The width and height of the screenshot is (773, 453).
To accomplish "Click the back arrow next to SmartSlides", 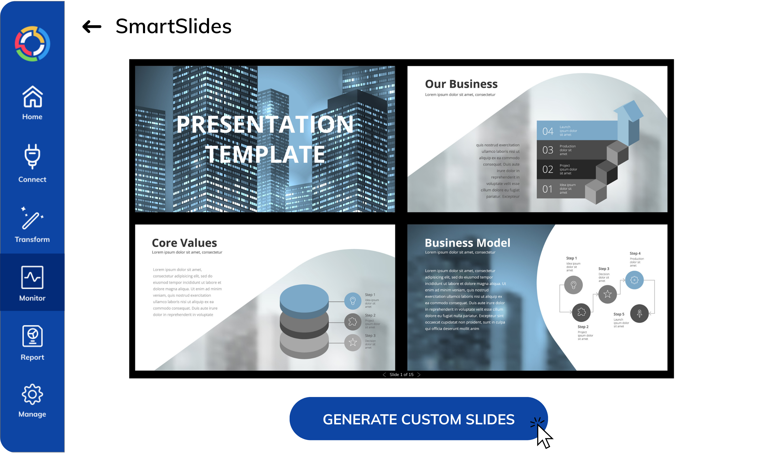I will [92, 27].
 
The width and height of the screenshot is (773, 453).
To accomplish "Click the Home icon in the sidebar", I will [32, 97].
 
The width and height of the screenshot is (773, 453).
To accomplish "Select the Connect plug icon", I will [32, 156].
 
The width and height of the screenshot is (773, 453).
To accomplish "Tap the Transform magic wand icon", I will [32, 218].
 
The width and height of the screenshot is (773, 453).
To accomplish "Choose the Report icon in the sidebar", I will [32, 336].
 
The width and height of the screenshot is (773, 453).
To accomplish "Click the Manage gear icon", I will [32, 394].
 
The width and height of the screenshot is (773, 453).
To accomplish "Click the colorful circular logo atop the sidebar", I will [32, 44].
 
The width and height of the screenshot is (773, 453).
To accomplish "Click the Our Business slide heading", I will [461, 84].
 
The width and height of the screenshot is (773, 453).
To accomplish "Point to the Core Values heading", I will [184, 243].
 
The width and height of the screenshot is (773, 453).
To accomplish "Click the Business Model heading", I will [467, 243].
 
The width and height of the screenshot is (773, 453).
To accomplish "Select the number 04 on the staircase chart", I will [548, 131].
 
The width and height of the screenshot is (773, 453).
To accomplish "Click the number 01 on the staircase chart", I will [548, 189].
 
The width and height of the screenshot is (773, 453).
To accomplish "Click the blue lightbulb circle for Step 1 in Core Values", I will [353, 301].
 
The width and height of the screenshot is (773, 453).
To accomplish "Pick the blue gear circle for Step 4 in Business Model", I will [634, 280].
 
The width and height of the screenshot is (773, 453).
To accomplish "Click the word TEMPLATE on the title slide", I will [265, 154].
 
